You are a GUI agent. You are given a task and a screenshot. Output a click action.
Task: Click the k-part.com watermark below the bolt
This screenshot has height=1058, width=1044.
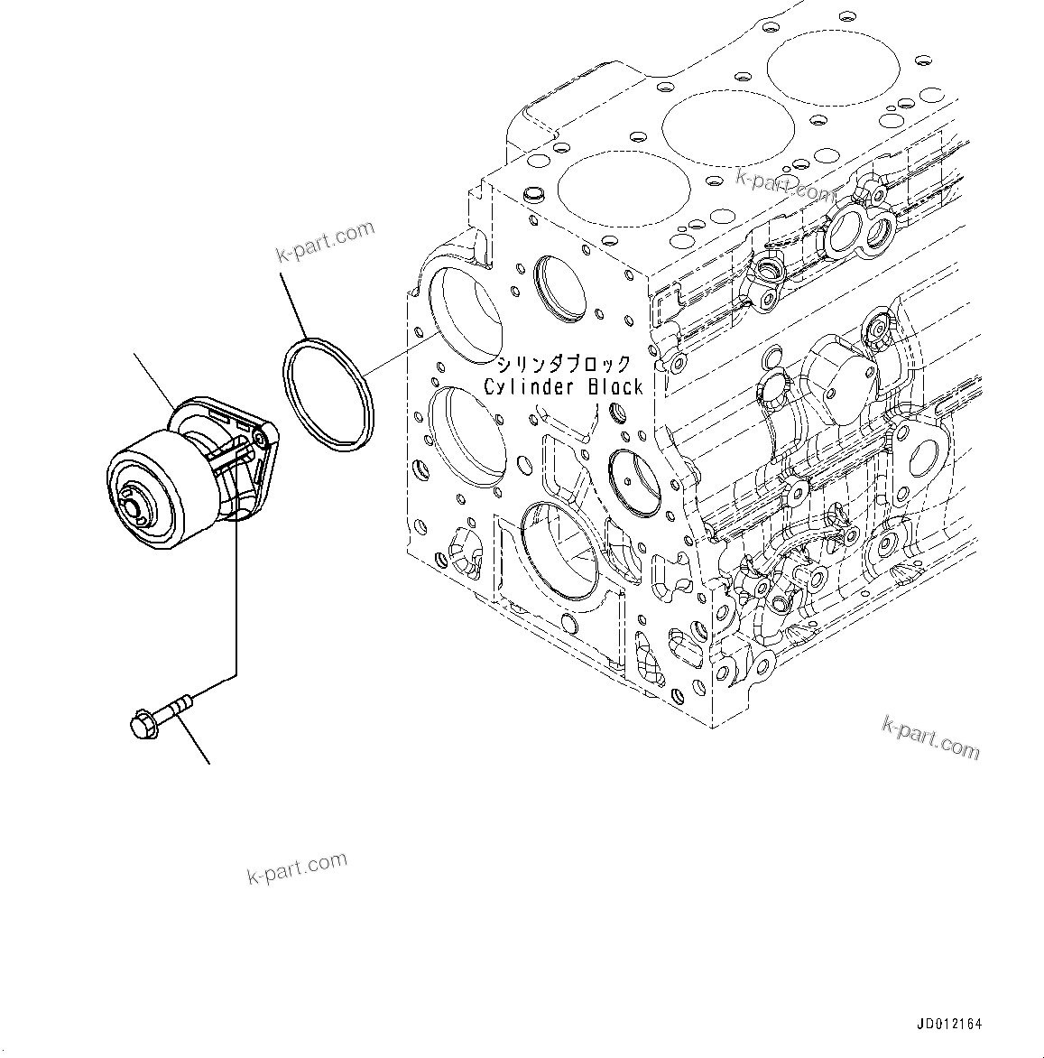pyautogui.click(x=296, y=868)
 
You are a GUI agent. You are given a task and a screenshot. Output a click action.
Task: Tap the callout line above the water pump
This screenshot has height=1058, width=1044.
pyautogui.click(x=155, y=378)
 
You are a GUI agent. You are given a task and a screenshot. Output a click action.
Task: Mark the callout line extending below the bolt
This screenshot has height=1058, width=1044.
pyautogui.click(x=192, y=742)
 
